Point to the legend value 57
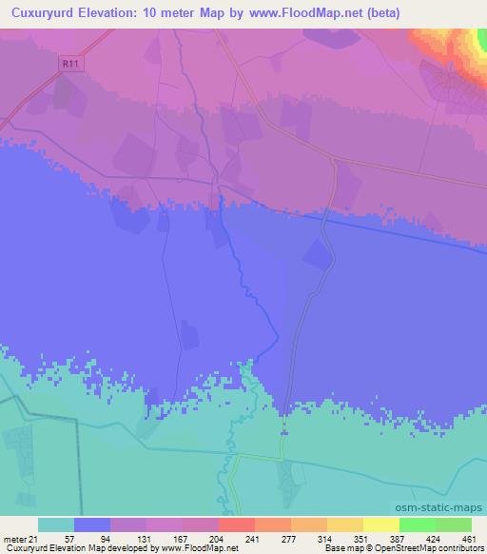click(x=71, y=538)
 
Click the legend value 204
click(x=216, y=538)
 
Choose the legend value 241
click(x=252, y=538)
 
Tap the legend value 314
click(x=324, y=538)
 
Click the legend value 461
click(x=467, y=538)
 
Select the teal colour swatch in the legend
click(x=56, y=524)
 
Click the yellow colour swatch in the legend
click(x=380, y=524)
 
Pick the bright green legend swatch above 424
click(x=417, y=524)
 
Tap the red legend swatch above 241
click(x=236, y=524)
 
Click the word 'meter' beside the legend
click(x=14, y=538)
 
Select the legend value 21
click(x=35, y=538)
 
